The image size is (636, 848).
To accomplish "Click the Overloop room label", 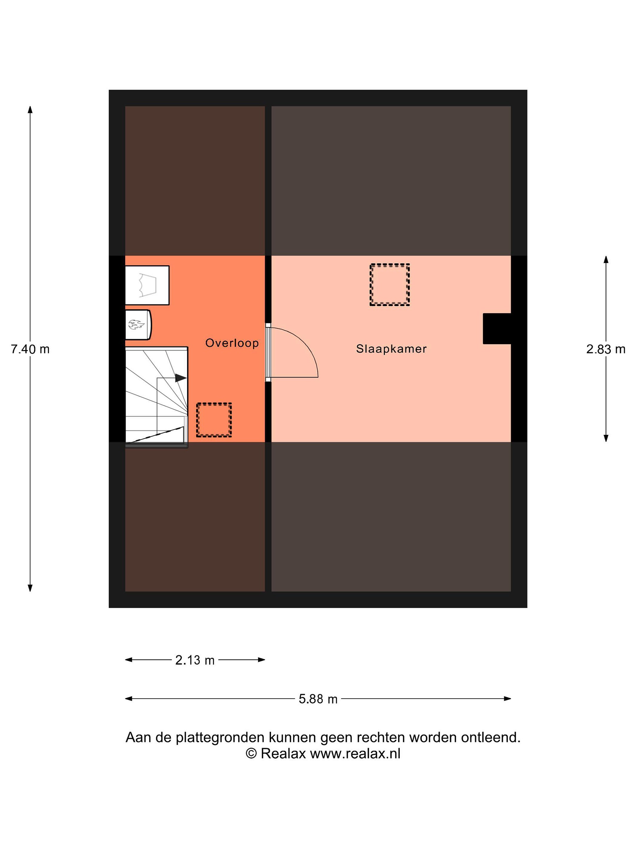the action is click(x=232, y=343).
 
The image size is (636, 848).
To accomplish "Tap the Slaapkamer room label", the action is click(x=391, y=349).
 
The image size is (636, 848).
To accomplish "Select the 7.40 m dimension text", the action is click(x=30, y=349).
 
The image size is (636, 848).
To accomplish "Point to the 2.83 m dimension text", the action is click(x=606, y=349).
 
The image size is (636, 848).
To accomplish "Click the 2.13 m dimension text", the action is click(x=195, y=660).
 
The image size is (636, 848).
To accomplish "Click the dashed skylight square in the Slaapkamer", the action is click(x=390, y=284).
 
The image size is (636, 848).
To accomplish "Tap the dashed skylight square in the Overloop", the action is click(x=214, y=420).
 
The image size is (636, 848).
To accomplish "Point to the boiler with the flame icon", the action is click(x=138, y=325).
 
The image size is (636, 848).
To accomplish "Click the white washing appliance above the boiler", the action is click(x=147, y=285).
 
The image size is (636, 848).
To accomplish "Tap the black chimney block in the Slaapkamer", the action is click(x=497, y=329).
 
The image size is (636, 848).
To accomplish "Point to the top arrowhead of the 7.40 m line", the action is click(x=30, y=110).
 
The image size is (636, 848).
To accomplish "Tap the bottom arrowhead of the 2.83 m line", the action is click(x=606, y=438).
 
